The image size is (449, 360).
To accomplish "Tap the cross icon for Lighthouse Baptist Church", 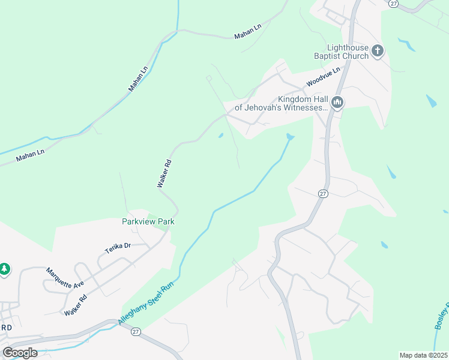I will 378,51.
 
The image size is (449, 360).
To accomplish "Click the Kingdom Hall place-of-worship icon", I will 337,103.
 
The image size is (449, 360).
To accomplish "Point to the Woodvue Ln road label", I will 323,77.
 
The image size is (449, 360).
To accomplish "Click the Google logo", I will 20,352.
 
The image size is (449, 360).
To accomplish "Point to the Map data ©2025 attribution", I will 423,355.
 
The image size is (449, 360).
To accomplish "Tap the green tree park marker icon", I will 5,269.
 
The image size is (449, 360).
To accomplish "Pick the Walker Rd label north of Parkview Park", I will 165,173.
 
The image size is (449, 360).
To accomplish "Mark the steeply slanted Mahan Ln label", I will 138,79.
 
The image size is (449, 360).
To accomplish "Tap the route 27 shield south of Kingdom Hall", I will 323,193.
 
